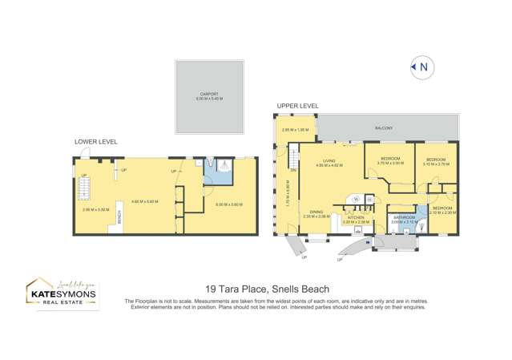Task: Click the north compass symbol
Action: pos(421,67)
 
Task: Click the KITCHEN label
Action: pos(355,217)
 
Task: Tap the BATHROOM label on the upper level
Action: pos(404,217)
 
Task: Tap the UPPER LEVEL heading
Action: pos(298,106)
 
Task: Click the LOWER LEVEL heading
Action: pos(96,142)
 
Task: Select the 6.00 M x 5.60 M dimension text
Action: pos(228,204)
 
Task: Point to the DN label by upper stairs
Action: pos(294,170)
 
